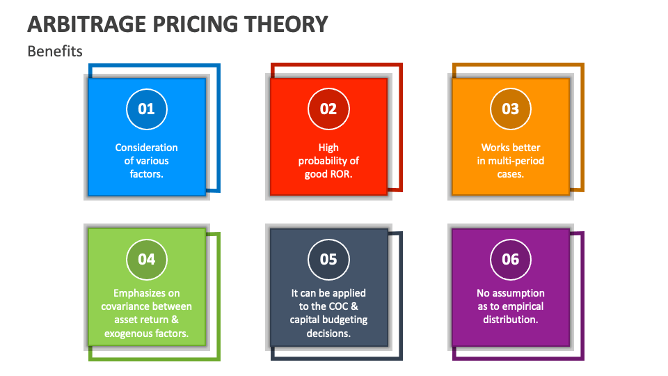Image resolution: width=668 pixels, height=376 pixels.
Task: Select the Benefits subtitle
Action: [x=55, y=51]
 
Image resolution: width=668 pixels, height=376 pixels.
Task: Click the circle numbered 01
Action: [x=146, y=109]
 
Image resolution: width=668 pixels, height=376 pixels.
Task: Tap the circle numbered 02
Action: [x=328, y=109]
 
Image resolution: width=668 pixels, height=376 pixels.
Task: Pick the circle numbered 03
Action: [x=511, y=109]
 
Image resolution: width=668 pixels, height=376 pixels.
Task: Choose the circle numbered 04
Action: [x=146, y=259]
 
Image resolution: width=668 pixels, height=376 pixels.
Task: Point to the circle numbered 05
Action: [x=328, y=259]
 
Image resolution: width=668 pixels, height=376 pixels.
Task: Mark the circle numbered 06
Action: [x=511, y=259]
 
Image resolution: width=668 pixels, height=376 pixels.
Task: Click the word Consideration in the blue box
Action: [x=146, y=148]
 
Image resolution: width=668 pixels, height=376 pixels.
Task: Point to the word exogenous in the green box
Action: [x=128, y=334]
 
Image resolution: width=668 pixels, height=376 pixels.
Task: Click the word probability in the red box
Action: [x=323, y=161]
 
